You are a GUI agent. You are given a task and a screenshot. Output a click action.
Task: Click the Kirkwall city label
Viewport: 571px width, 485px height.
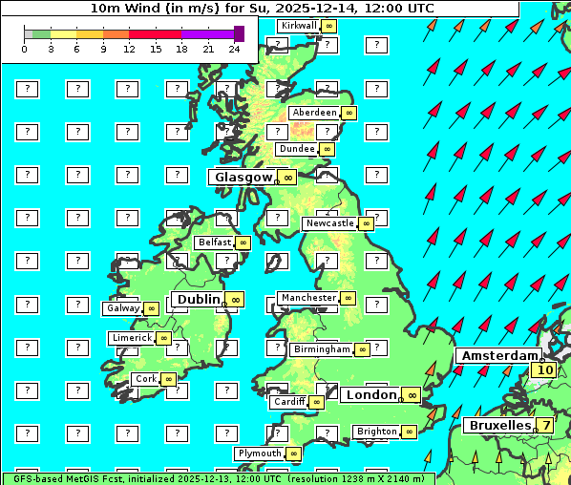(x=298, y=25)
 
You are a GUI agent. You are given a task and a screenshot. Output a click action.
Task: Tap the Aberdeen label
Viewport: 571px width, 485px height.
(x=314, y=113)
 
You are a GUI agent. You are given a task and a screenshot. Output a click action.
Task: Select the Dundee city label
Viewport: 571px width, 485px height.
(x=296, y=149)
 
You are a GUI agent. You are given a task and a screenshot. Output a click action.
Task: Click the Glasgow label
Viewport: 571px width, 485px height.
(x=243, y=178)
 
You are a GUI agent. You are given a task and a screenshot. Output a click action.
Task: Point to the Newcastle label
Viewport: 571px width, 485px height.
(x=328, y=223)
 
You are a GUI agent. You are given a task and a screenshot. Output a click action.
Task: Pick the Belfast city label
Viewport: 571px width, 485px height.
(x=215, y=242)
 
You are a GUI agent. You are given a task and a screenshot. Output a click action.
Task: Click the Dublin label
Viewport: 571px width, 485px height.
(x=198, y=300)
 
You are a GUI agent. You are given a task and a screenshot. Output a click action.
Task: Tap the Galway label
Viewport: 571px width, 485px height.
(x=122, y=308)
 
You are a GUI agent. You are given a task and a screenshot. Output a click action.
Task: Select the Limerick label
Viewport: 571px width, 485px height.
(x=131, y=338)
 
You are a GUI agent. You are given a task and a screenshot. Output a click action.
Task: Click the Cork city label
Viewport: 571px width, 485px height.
(x=146, y=379)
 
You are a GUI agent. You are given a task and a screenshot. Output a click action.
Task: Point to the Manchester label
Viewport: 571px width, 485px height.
(x=308, y=298)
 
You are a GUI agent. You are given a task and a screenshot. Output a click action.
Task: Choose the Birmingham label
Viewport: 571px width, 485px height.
(x=322, y=349)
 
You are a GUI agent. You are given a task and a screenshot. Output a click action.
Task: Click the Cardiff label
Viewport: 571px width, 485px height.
(x=288, y=402)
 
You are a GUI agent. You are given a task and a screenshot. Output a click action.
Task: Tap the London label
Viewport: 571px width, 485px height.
(x=370, y=395)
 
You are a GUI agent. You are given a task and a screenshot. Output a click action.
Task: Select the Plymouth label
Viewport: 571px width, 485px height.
(x=260, y=453)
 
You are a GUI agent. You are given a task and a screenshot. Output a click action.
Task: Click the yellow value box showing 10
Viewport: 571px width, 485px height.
(x=545, y=370)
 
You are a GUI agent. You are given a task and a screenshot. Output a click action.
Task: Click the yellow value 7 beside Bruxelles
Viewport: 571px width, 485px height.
(x=545, y=425)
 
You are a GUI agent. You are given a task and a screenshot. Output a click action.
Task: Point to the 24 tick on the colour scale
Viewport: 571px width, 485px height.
(x=234, y=49)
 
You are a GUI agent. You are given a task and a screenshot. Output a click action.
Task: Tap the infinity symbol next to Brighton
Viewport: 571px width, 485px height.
(x=409, y=432)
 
